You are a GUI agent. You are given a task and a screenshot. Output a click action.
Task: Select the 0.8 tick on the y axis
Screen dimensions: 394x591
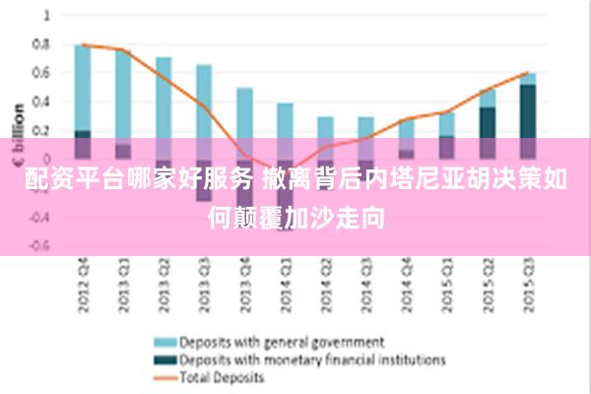41,44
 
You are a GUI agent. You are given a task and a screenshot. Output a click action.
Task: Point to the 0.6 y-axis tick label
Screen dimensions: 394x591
41,73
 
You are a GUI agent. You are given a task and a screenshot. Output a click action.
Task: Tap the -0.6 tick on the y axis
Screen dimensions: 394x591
39,246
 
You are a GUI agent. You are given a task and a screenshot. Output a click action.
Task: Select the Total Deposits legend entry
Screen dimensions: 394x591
222,376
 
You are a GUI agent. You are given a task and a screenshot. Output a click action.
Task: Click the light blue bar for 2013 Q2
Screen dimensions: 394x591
164,98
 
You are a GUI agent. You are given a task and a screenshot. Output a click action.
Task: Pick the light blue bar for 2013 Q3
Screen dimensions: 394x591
204,103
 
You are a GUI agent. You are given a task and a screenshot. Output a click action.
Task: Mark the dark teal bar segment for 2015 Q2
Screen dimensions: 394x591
488,122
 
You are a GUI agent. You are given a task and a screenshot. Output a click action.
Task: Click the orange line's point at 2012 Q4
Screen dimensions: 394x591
83,44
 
